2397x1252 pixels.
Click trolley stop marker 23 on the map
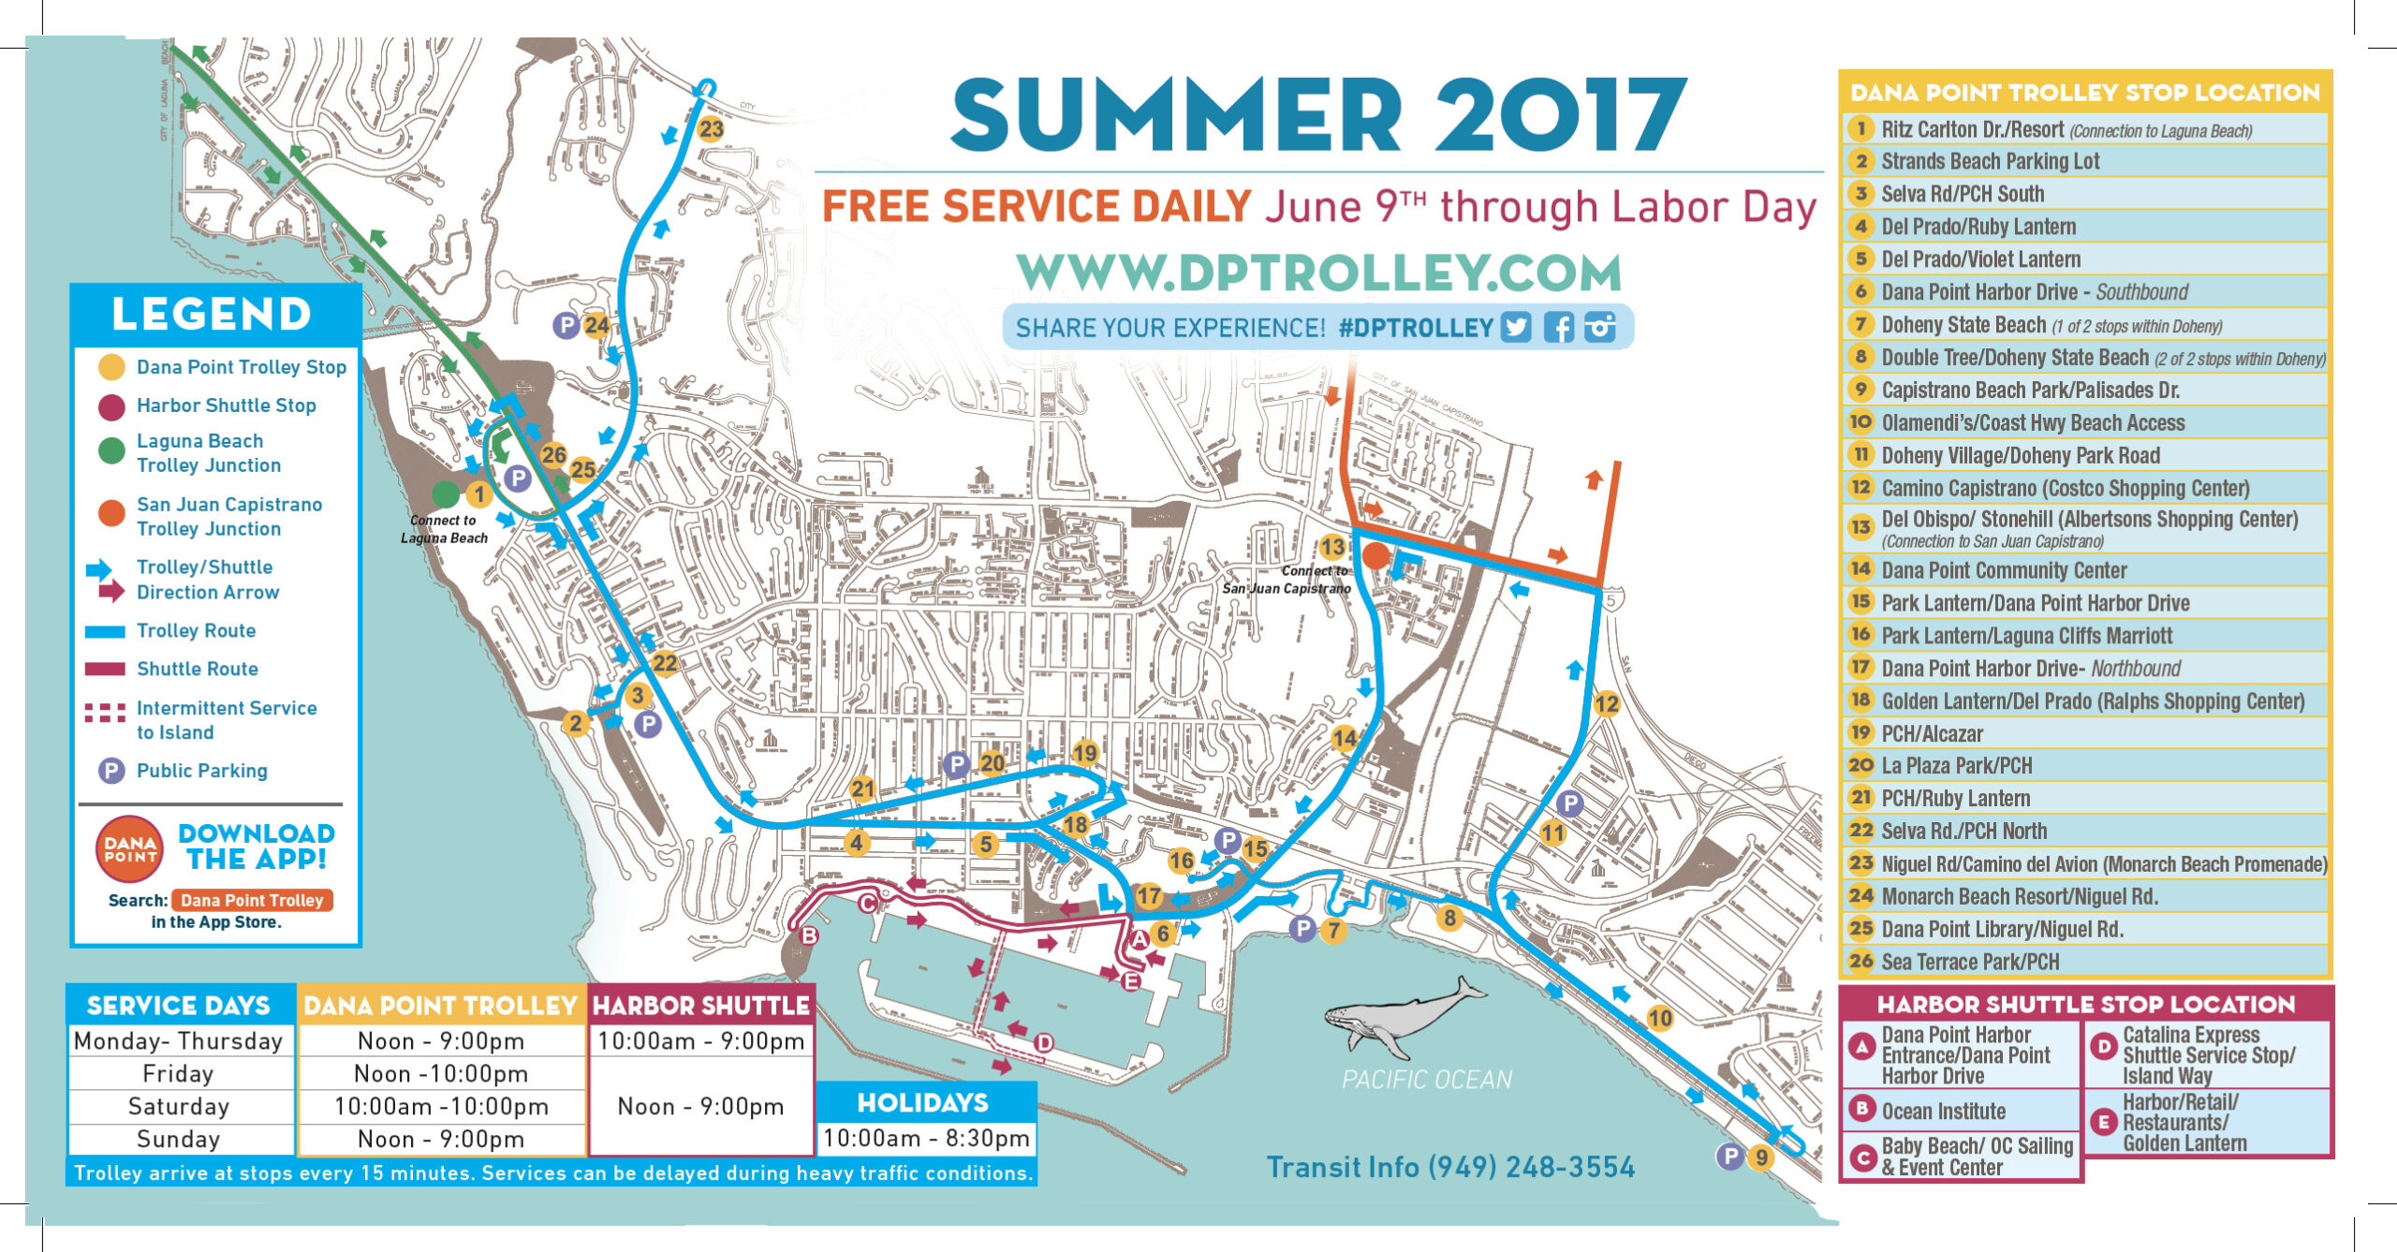coord(712,128)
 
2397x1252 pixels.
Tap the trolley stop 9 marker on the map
coord(1761,1157)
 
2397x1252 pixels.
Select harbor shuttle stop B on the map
coord(809,935)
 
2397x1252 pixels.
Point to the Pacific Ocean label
coord(1426,1080)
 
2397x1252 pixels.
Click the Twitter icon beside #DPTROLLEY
coord(1516,327)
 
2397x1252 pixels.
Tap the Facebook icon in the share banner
coord(1558,327)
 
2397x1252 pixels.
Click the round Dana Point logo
coord(129,849)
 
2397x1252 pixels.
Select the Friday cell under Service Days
coord(179,1073)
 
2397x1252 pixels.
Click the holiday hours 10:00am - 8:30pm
coord(926,1138)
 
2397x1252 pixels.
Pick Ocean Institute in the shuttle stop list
coord(1943,1112)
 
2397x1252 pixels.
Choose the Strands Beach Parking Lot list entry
coord(1990,161)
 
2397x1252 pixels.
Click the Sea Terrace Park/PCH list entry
coord(1970,962)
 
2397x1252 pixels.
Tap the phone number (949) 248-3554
coord(1531,1167)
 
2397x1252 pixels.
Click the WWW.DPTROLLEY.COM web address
coord(1318,272)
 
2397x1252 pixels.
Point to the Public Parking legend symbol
coord(111,771)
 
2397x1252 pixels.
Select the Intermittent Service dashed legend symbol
coord(105,714)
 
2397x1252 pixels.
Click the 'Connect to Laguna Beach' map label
coord(444,529)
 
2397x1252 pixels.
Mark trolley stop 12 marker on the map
coord(1607,704)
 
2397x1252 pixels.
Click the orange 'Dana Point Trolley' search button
coord(252,900)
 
